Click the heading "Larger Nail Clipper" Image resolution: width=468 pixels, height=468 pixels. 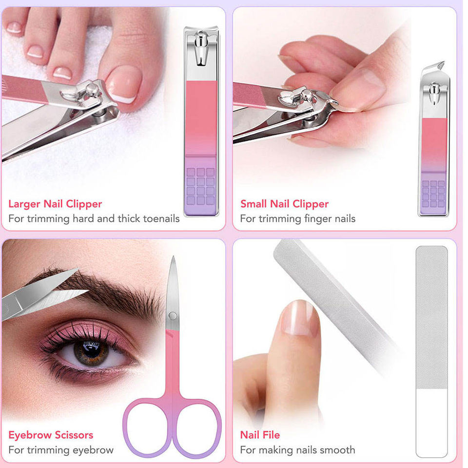pos(55,204)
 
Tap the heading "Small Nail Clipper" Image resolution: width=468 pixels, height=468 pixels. pos(284,204)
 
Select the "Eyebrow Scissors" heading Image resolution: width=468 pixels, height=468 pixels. pos(51,435)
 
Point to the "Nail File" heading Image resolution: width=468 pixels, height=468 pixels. pos(260,435)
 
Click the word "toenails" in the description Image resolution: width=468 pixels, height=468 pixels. pos(161,219)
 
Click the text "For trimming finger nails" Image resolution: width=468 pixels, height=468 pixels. pos(297,219)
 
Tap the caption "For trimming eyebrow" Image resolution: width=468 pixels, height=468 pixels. pos(61,450)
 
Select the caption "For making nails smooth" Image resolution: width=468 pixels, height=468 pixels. pos(297,450)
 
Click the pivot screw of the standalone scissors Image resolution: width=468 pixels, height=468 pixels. pos(173,316)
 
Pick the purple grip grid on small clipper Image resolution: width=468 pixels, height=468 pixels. pos(433,194)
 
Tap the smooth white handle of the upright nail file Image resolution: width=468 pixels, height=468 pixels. pos(431,423)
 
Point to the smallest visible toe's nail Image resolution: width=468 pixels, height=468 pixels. pos(14,28)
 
